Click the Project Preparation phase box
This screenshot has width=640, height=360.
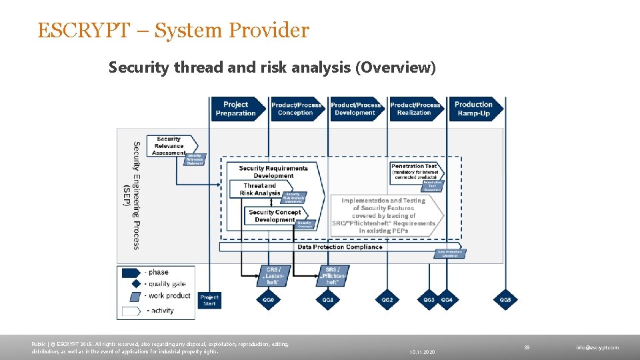235,109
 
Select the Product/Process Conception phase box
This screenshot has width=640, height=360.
295,109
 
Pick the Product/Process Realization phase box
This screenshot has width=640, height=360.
415,109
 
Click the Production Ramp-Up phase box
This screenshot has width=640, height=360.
474,109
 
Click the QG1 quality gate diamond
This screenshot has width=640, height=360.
328,300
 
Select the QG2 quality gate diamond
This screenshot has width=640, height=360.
387,300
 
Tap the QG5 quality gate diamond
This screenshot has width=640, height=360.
506,300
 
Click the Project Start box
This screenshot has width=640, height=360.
209,300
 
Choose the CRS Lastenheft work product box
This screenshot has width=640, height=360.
273,276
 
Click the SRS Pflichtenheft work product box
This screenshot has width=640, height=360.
333,276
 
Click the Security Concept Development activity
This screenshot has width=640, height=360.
274,216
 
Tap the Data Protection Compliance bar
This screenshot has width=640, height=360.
339,247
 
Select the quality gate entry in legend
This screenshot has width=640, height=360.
157,285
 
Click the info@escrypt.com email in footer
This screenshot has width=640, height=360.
597,347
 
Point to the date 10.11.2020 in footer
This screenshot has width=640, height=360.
423,351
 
